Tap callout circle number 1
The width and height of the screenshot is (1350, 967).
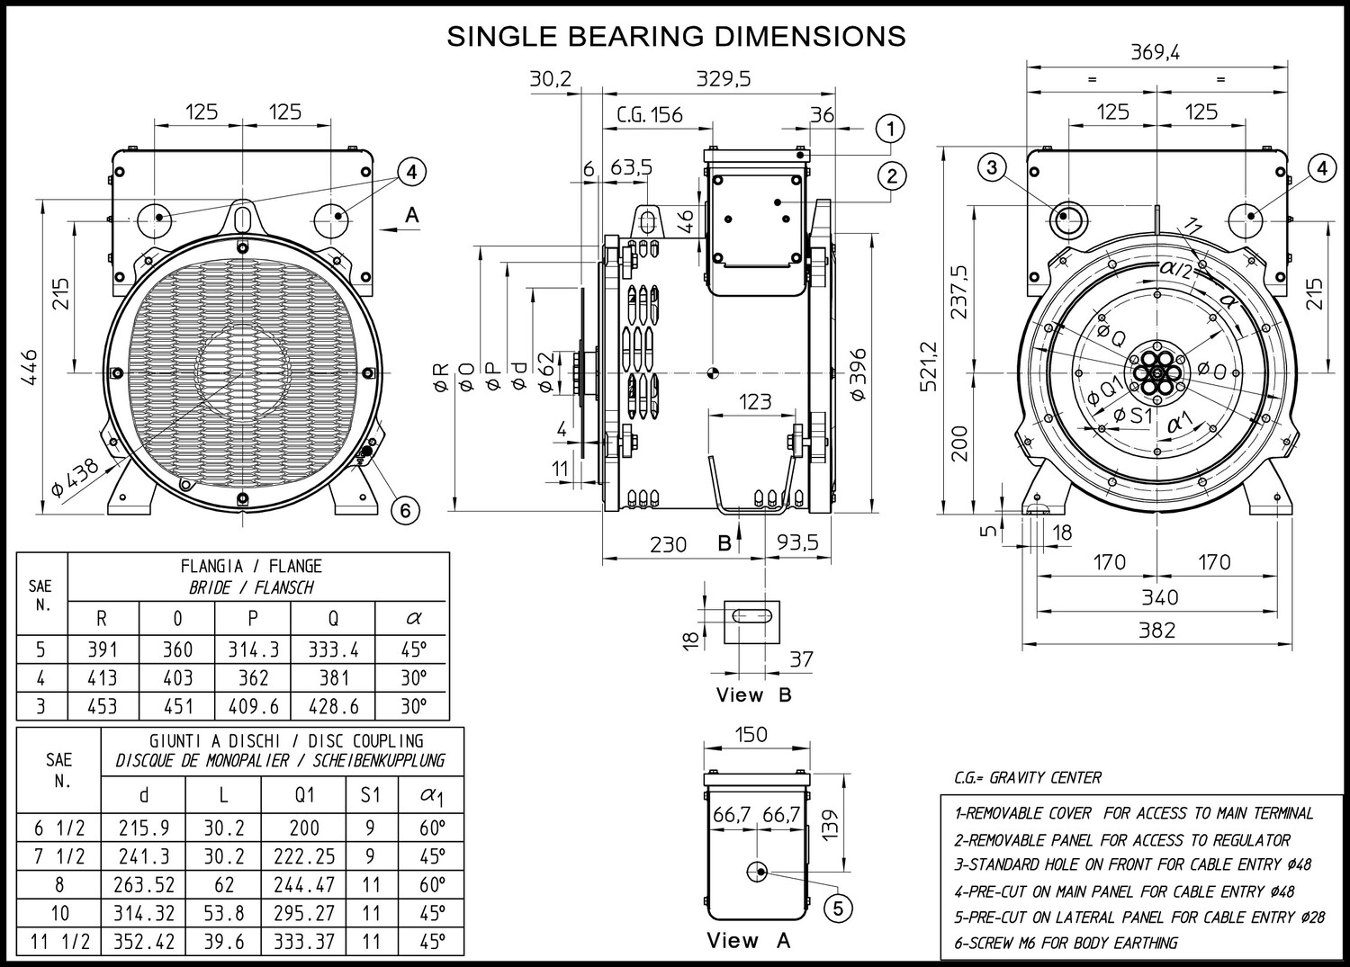[891, 129]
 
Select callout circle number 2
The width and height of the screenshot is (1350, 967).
[892, 175]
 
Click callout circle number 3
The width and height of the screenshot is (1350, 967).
[993, 167]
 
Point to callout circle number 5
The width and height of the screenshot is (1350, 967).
[838, 908]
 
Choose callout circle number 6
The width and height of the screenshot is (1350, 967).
[405, 510]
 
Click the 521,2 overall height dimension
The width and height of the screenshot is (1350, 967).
[929, 366]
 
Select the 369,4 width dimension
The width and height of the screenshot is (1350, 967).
[1155, 52]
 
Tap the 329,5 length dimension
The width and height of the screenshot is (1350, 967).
[724, 78]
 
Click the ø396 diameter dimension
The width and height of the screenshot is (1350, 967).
[857, 373]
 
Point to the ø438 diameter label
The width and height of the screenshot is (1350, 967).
[76, 477]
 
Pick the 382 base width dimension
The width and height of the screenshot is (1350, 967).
[1157, 631]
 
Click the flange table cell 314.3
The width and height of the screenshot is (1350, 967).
[253, 649]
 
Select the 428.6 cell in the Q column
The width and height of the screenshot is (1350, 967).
[333, 706]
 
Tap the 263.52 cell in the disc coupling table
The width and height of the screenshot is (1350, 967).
[144, 884]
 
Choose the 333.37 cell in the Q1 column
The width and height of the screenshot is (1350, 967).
[304, 941]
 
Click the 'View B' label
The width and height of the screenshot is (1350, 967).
[753, 694]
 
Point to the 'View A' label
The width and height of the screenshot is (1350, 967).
[749, 940]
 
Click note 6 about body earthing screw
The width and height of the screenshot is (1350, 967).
[1066, 943]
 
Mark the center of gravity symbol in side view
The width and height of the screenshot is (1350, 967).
[713, 373]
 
